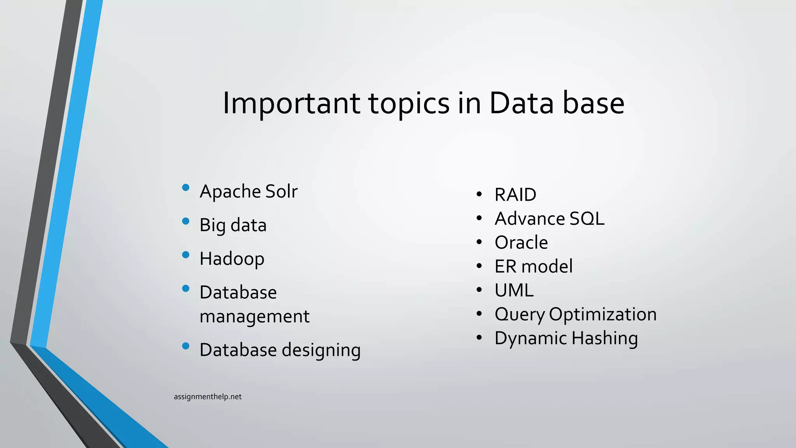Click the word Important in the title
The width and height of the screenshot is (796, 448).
(291, 103)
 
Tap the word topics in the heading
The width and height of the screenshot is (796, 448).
(408, 104)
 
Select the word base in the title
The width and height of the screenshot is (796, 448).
(593, 103)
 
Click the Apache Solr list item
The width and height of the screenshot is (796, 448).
(248, 191)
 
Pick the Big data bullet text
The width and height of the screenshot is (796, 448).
(233, 225)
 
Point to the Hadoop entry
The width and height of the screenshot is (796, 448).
(232, 259)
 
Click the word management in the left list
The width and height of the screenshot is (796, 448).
(254, 316)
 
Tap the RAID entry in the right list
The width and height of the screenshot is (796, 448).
(515, 195)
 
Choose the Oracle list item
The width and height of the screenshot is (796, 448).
(521, 243)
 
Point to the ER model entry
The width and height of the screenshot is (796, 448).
(533, 266)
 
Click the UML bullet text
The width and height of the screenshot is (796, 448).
(514, 290)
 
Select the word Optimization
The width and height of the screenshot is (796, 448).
(602, 314)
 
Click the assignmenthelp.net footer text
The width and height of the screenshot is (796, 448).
(208, 397)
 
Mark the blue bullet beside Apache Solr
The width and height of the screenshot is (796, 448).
(186, 187)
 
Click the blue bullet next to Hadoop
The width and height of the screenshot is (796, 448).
(186, 255)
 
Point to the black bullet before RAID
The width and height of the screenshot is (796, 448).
(479, 194)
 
